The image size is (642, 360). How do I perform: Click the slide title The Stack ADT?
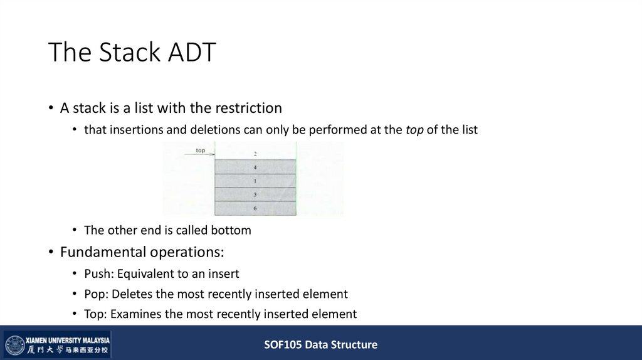(x=132, y=53)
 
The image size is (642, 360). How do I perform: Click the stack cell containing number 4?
(x=255, y=167)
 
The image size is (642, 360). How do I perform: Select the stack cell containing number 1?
(x=255, y=181)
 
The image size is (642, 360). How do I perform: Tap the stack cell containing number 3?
(x=255, y=194)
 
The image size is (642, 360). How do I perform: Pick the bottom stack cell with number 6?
(x=255, y=208)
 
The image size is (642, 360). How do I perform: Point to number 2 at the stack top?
(x=255, y=154)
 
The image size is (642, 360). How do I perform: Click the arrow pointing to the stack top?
(x=199, y=155)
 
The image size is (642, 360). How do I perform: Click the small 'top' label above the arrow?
(x=201, y=150)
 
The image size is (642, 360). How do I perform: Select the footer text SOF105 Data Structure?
(x=320, y=344)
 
